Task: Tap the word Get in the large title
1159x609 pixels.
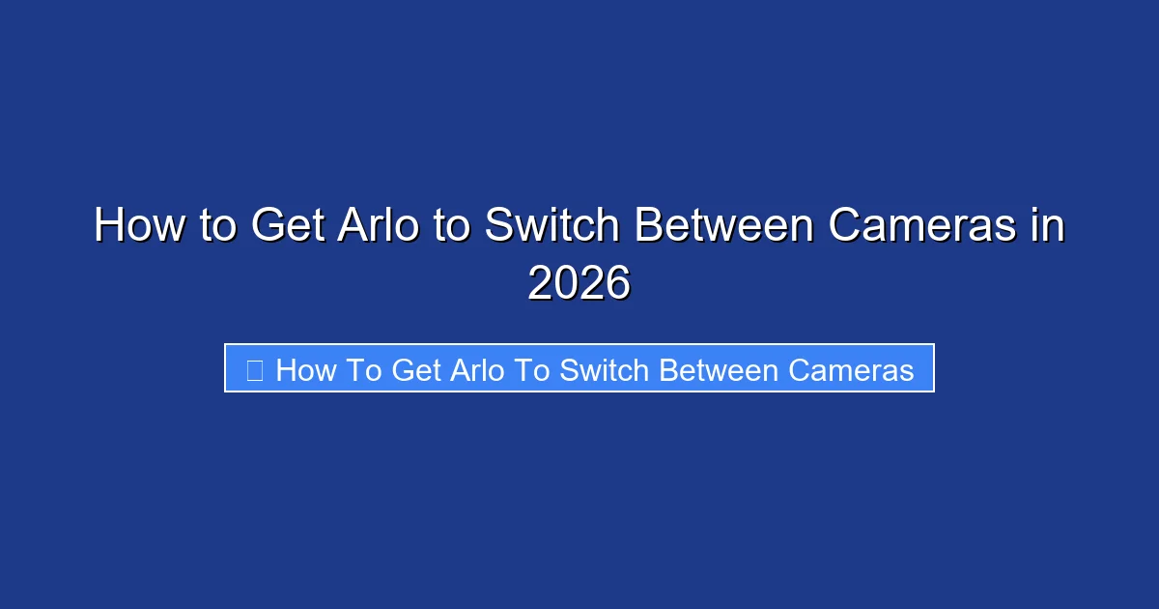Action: click(x=287, y=227)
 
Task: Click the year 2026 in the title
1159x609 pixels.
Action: click(x=579, y=284)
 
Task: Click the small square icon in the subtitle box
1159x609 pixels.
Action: click(x=255, y=369)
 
